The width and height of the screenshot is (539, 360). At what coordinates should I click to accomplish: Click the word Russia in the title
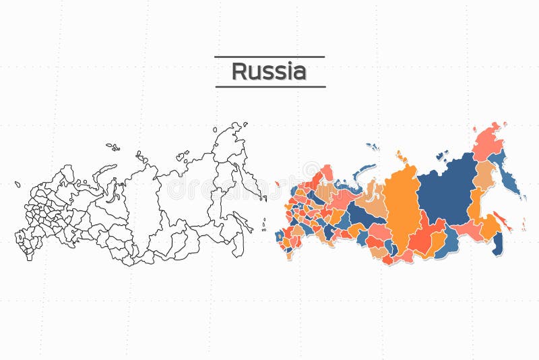[x=269, y=71]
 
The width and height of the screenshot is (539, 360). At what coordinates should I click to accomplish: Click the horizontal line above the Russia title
[x=269, y=57]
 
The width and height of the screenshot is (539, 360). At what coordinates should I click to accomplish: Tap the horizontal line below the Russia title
[x=269, y=86]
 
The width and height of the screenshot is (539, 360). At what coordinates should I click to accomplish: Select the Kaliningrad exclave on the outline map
[x=18, y=183]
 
